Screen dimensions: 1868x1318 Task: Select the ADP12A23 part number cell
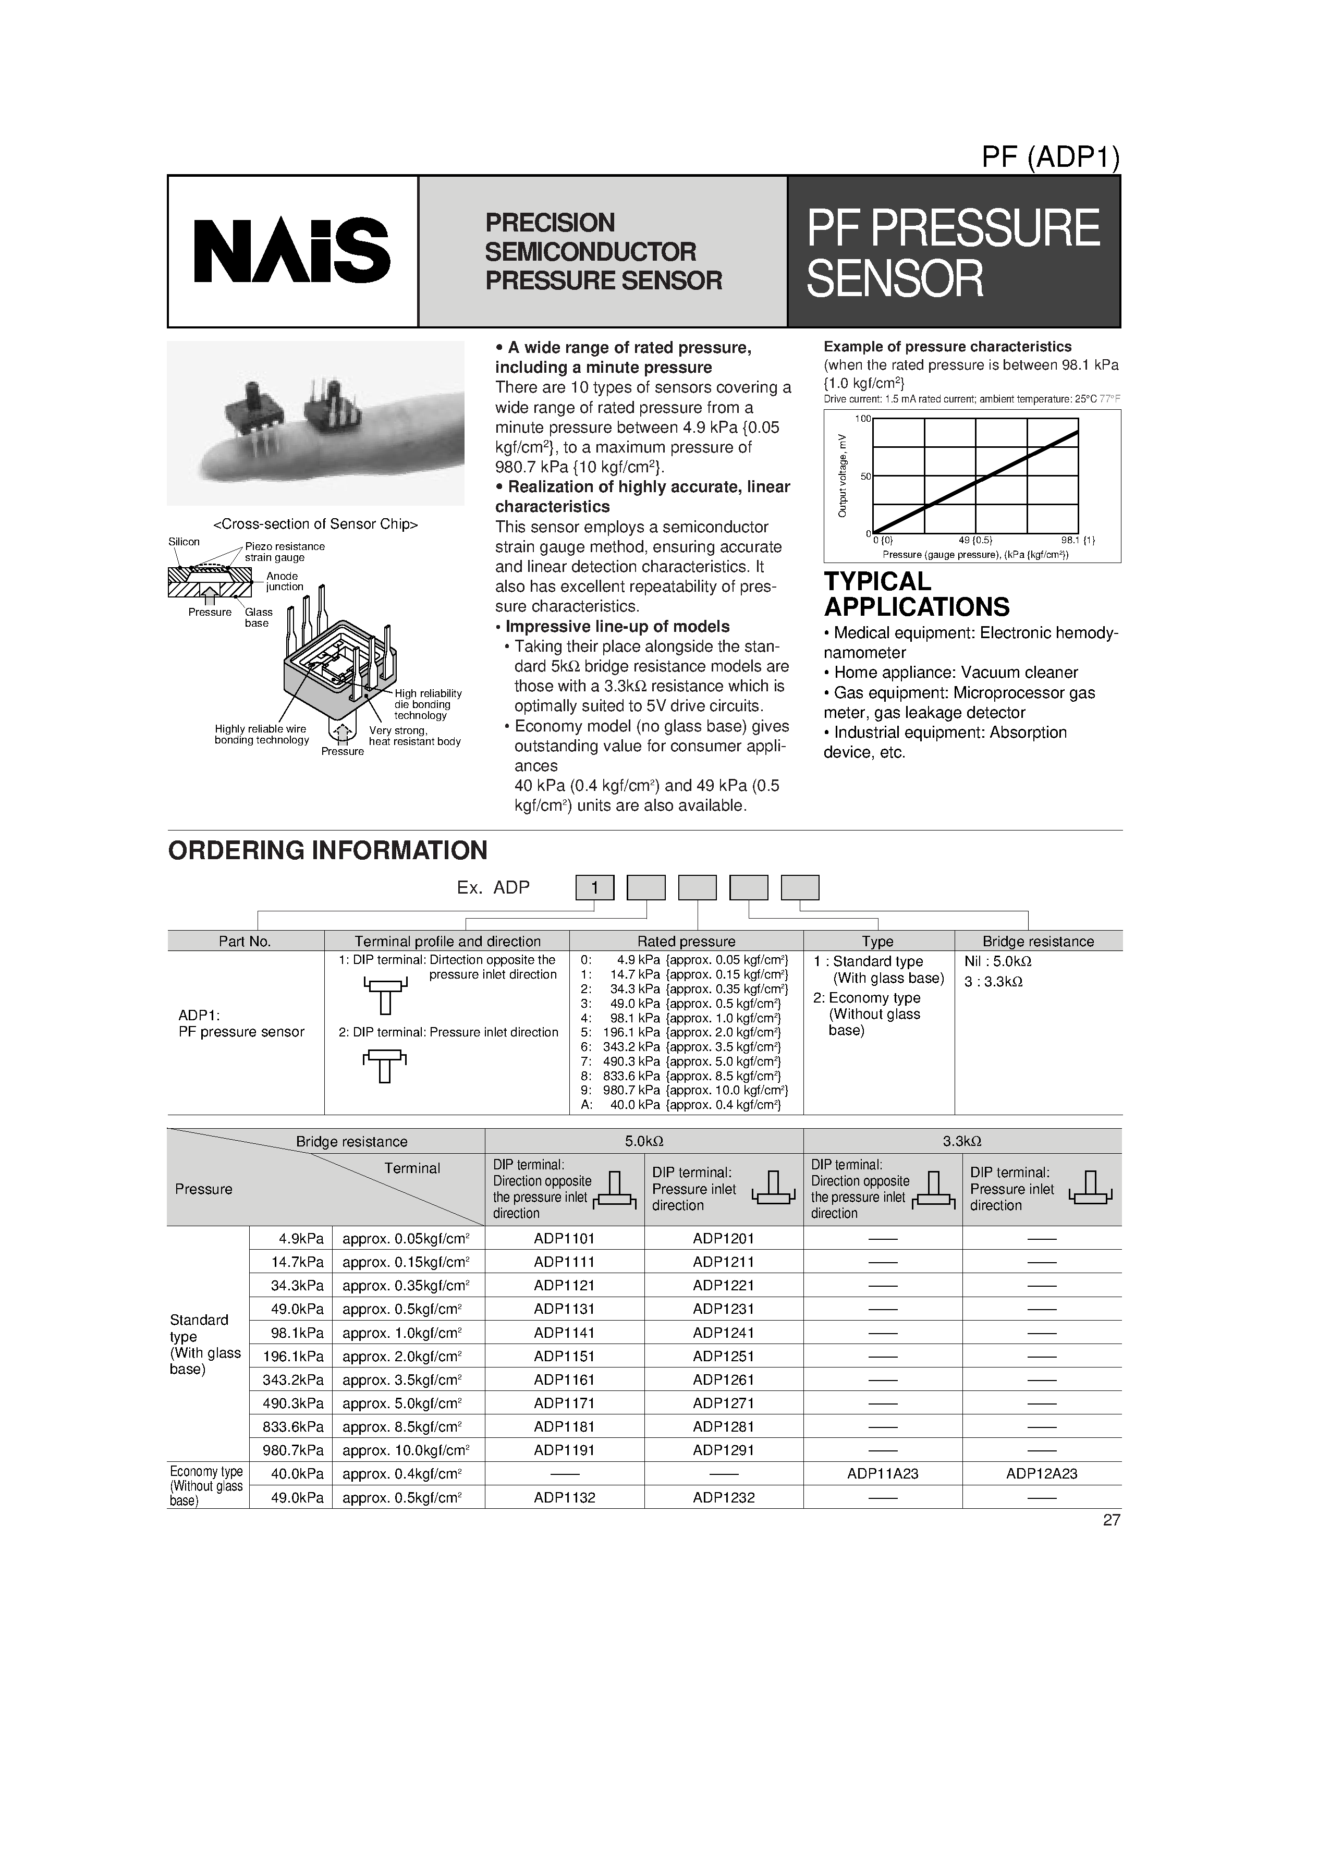click(1041, 1473)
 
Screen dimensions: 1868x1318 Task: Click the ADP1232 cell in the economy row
click(723, 1497)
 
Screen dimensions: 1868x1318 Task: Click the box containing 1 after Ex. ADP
click(595, 888)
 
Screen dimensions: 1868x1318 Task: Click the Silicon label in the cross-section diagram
click(184, 542)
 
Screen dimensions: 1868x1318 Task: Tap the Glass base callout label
click(259, 617)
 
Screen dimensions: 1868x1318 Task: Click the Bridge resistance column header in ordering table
click(1038, 942)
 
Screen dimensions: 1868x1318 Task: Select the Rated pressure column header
click(686, 942)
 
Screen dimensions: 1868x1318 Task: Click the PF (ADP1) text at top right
click(1051, 157)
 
